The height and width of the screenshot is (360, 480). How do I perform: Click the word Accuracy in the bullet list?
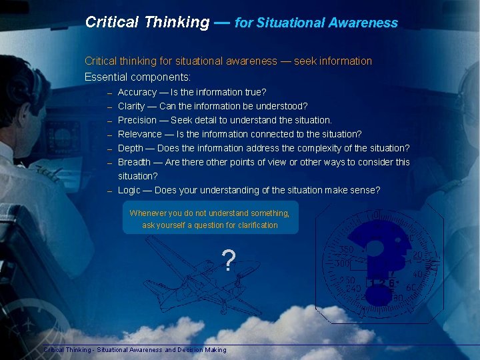pyautogui.click(x=137, y=92)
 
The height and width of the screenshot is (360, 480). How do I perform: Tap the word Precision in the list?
pyautogui.click(x=138, y=120)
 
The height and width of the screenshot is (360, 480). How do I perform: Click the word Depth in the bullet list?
pyautogui.click(x=131, y=148)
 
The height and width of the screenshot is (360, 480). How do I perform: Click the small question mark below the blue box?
pyautogui.click(x=229, y=261)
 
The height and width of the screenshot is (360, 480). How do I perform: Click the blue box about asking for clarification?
pyautogui.click(x=210, y=219)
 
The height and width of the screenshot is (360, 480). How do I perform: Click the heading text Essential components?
pyautogui.click(x=137, y=77)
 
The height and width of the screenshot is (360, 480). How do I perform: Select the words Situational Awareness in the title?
pyautogui.click(x=327, y=23)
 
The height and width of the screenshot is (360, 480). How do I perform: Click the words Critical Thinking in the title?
pyautogui.click(x=147, y=22)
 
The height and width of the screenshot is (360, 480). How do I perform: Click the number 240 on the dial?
pyautogui.click(x=353, y=289)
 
